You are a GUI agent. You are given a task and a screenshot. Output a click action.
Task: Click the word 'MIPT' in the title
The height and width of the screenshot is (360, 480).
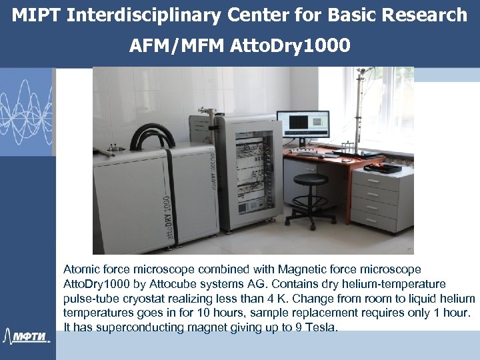pyautogui.click(x=37, y=15)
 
